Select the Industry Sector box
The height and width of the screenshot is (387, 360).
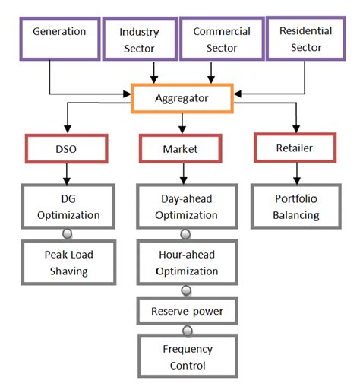pos(140,40)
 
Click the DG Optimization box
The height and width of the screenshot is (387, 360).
pos(68,207)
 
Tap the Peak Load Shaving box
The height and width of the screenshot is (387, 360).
pos(68,262)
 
